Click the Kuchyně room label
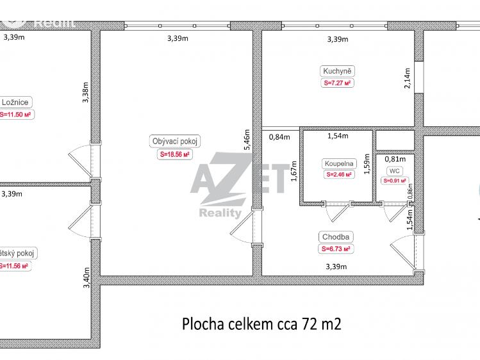click(337, 70)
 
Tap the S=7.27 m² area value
click(338, 83)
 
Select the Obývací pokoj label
click(175, 142)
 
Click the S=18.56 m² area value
click(175, 154)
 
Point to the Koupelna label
click(337, 163)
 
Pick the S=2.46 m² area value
click(338, 174)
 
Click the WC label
click(394, 170)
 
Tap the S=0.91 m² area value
click(394, 181)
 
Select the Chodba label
click(337, 237)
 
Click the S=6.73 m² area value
click(337, 249)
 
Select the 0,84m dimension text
click(279, 136)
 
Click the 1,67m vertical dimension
click(294, 171)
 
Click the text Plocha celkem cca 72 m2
click(261, 323)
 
